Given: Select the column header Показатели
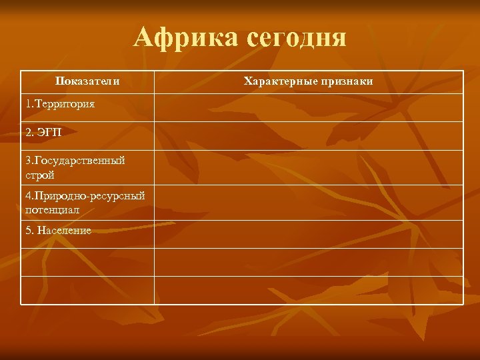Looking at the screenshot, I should (87, 81).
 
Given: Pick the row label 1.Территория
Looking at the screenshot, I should (60, 105).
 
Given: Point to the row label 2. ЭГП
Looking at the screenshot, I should (44, 133).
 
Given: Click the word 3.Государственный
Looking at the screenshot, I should (75, 161).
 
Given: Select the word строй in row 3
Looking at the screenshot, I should (40, 175).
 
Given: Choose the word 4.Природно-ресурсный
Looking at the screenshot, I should (85, 196).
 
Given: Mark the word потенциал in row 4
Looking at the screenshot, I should (53, 209).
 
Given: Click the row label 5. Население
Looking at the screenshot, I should (58, 231).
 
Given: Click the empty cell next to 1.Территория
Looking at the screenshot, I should (308, 107).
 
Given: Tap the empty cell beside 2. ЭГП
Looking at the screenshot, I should (308, 135).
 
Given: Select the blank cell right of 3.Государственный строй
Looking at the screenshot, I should (308, 167).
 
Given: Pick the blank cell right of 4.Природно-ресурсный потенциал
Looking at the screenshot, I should (308, 203).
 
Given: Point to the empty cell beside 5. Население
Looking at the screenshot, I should (308, 234).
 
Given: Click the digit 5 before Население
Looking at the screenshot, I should (28, 231).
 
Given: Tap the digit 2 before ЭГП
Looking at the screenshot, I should (29, 133).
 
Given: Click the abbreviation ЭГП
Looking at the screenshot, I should (51, 133).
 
